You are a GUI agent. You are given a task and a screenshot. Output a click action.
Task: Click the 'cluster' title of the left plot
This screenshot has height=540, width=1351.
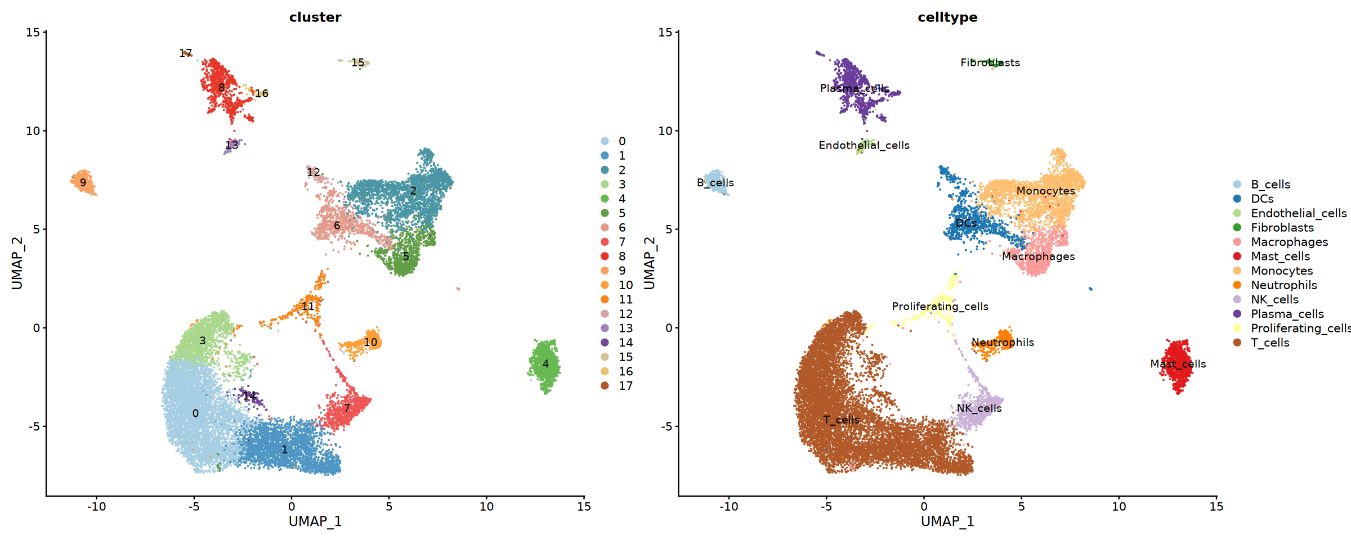click(x=315, y=17)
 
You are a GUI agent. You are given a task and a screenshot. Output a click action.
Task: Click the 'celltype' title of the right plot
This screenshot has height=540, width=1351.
click(x=947, y=17)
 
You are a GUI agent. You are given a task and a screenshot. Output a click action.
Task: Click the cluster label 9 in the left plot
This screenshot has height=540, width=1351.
click(x=83, y=183)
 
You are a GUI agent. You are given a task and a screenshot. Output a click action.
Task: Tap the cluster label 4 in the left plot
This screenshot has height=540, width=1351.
click(x=545, y=364)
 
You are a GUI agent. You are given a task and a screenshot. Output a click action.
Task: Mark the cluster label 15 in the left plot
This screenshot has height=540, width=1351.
click(x=358, y=63)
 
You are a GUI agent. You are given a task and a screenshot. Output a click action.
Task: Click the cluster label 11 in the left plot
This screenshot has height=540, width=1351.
click(x=308, y=307)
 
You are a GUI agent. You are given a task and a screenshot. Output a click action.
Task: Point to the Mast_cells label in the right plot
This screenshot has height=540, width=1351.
click(x=1178, y=364)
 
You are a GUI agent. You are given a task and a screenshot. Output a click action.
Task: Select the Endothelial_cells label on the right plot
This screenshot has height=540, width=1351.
click(x=864, y=146)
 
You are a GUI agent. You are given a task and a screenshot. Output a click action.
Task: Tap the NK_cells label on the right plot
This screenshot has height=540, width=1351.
click(x=979, y=408)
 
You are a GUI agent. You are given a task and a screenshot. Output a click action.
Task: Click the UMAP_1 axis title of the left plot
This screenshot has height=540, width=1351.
click(x=315, y=521)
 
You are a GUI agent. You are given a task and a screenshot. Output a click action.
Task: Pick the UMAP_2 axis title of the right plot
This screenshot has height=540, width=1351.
click(x=650, y=263)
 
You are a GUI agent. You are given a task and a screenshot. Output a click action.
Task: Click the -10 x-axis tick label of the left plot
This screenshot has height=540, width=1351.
click(x=96, y=507)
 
